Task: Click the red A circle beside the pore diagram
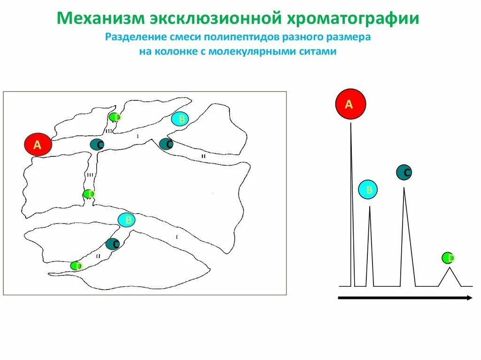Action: (38, 146)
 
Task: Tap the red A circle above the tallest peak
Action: (350, 104)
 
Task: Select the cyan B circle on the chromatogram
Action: (369, 190)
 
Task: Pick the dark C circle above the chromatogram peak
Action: (404, 173)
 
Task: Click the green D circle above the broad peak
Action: (448, 258)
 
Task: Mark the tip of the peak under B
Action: (370, 207)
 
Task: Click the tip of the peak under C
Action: (404, 188)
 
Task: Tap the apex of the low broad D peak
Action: (450, 268)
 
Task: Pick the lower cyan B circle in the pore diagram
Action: (126, 220)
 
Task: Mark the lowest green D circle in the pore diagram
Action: (76, 266)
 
